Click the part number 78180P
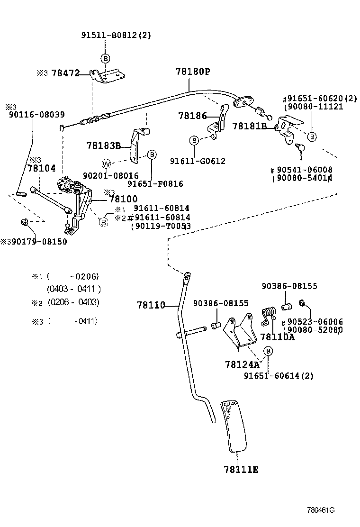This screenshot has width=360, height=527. click(x=192, y=72)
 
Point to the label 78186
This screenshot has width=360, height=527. click(x=192, y=115)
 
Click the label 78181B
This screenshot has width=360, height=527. click(x=250, y=126)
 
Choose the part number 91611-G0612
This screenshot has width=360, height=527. click(x=198, y=161)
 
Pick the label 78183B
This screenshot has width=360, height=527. click(x=104, y=145)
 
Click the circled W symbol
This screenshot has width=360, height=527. click(x=107, y=164)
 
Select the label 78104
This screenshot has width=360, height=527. click(x=41, y=168)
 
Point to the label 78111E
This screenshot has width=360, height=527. click(x=241, y=470)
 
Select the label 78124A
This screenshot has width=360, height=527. click(x=243, y=364)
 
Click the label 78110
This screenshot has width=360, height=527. click(x=151, y=305)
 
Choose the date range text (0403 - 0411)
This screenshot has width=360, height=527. click(x=73, y=289)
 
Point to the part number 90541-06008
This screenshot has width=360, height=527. click(x=307, y=170)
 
